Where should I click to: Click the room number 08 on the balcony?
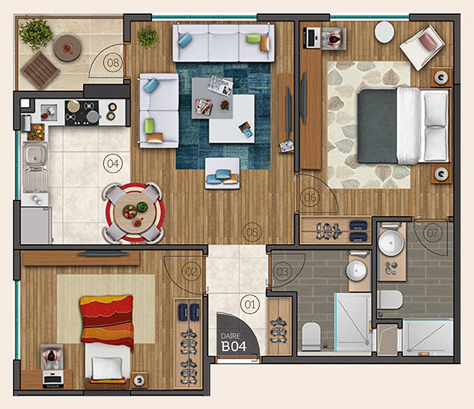[113, 63]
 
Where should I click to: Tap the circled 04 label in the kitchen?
[113, 163]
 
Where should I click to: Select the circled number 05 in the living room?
[252, 232]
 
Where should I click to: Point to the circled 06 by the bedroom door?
[310, 198]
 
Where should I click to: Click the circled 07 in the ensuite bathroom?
[433, 233]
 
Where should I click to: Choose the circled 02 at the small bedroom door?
[192, 271]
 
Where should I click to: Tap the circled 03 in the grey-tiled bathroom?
[282, 271]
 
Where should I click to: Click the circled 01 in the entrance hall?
[250, 304]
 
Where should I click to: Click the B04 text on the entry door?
[233, 347]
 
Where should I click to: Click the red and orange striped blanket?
[107, 320]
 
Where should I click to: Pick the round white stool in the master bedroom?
[384, 31]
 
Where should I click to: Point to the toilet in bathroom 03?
[311, 337]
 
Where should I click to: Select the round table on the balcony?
[68, 48]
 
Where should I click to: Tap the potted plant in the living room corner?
[148, 37]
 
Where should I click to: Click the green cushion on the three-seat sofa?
[253, 38]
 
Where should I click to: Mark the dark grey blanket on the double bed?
[377, 126]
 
